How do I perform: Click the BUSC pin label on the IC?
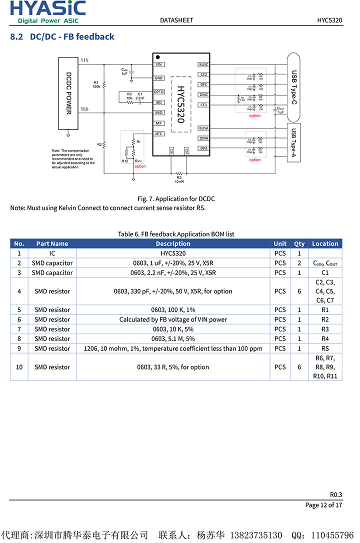204,64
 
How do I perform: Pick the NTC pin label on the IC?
159,133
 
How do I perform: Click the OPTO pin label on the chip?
159,92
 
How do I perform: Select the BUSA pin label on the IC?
204,128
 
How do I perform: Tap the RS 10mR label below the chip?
179,179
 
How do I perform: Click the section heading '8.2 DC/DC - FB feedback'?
62,36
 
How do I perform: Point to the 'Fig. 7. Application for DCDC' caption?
176,198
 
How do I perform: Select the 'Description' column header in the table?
173,243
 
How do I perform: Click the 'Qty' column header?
299,243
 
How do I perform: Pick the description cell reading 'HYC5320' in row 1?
173,253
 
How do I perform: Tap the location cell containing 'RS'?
325,348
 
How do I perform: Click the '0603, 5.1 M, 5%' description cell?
173,339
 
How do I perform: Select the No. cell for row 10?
19,367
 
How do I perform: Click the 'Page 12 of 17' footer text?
323,505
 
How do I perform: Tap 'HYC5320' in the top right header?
329,20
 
